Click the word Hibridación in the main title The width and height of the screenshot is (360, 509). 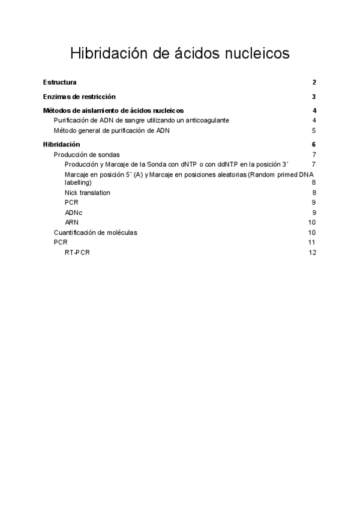pos(108,53)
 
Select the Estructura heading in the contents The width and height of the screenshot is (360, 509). pos(59,82)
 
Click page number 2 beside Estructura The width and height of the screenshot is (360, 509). pos(314,82)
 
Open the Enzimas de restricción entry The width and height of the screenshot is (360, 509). pos(79,97)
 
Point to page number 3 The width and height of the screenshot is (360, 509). pos(314,97)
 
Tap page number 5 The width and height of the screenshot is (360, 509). pos(314,130)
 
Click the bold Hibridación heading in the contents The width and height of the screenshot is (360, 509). pos(62,145)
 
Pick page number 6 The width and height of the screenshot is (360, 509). pos(314,145)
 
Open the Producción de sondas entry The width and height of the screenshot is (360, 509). pos(86,154)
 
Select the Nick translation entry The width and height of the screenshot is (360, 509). pos(88,193)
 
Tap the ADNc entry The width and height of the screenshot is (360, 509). pos(74,212)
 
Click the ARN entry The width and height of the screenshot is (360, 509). pos(71,222)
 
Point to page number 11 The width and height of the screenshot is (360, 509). pos(312,242)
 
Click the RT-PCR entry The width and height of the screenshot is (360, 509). pos(77,252)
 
